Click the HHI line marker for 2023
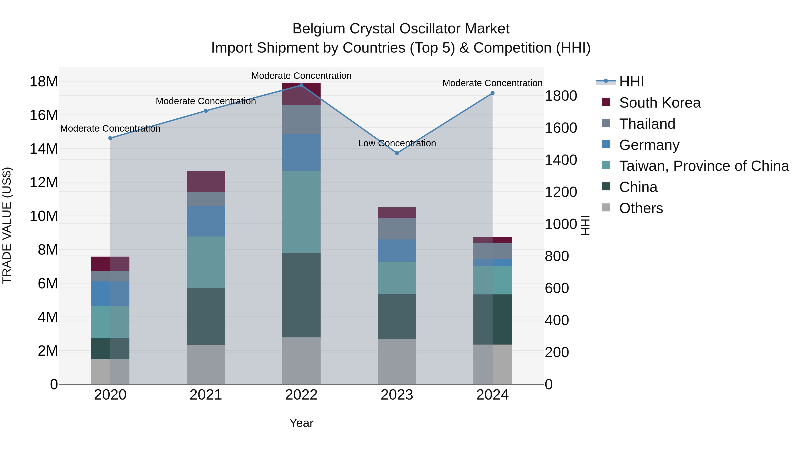(397, 153)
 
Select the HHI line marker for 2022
(301, 85)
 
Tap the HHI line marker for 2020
(110, 138)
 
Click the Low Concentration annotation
(397, 143)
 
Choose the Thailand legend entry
(647, 124)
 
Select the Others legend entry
(641, 208)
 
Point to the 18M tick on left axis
(44, 82)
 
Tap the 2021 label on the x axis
(206, 395)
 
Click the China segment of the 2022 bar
(301, 295)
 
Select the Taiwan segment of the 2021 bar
(206, 262)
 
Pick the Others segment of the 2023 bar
(397, 362)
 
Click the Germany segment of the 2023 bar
(397, 251)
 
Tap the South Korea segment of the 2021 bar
(206, 182)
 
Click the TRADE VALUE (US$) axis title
(7, 225)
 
